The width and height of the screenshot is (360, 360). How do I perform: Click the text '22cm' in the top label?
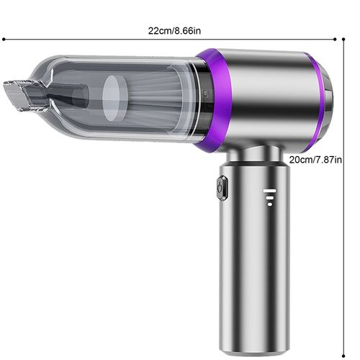click(159, 31)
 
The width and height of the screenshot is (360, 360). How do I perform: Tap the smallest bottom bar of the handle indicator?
click(269, 204)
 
